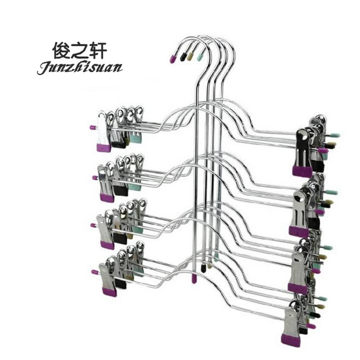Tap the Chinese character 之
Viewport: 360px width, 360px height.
pos(80,50)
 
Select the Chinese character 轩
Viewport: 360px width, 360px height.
pos(98,50)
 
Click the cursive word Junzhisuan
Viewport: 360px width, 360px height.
pos(80,68)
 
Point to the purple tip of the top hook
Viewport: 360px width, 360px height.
pos(172,59)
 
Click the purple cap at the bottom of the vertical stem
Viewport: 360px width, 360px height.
pos(194,279)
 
